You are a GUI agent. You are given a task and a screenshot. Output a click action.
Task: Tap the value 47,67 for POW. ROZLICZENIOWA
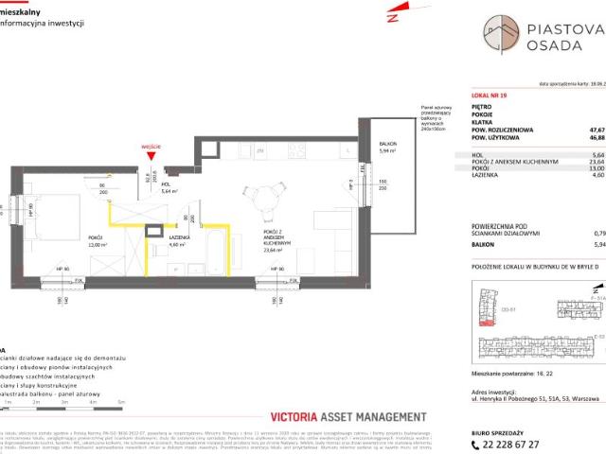click(x=596, y=131)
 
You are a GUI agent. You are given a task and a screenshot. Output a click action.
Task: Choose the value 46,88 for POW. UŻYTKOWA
click(x=596, y=140)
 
